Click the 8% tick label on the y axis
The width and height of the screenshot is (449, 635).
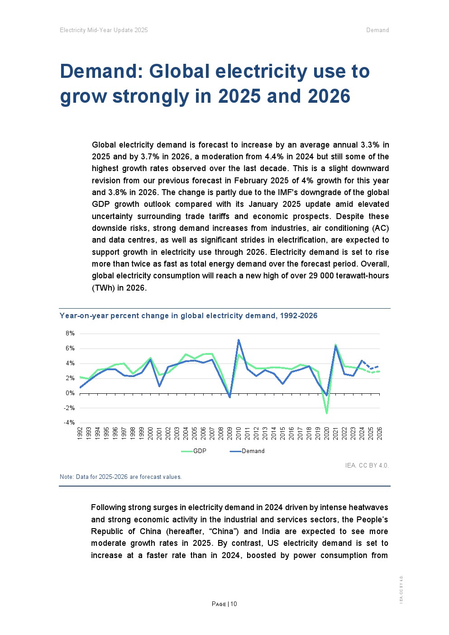click(x=70, y=334)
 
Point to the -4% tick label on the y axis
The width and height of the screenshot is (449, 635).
click(x=69, y=423)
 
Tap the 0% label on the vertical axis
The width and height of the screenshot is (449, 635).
click(x=70, y=393)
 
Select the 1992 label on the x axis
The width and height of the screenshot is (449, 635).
click(x=80, y=433)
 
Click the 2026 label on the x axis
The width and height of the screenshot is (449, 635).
click(x=380, y=433)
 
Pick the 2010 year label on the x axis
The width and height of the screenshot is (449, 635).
click(x=239, y=433)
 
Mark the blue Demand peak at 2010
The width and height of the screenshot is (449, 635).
click(x=239, y=340)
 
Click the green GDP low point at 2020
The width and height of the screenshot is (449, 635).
click(x=326, y=413)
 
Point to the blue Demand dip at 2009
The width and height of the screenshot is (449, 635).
click(x=230, y=397)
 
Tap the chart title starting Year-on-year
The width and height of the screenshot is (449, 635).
click(x=188, y=316)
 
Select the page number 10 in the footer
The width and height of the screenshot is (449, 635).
click(x=234, y=604)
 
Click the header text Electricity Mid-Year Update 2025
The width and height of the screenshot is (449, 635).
click(x=104, y=30)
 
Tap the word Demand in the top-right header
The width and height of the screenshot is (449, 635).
click(x=377, y=30)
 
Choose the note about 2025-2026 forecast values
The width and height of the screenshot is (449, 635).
click(x=120, y=477)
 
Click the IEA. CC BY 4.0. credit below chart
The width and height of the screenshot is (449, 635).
click(x=367, y=465)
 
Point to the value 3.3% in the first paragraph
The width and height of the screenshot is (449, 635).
click(x=370, y=145)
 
